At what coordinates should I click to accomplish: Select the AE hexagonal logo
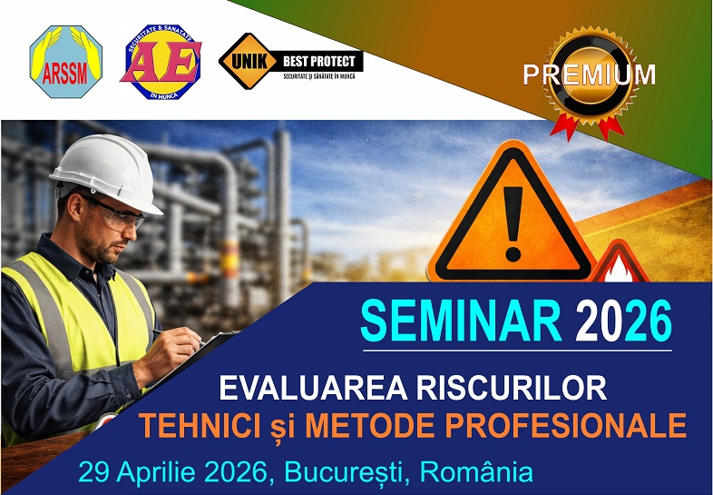click(x=161, y=62)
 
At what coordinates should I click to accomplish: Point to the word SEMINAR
click(x=462, y=321)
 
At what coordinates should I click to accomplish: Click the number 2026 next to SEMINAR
click(x=625, y=321)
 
